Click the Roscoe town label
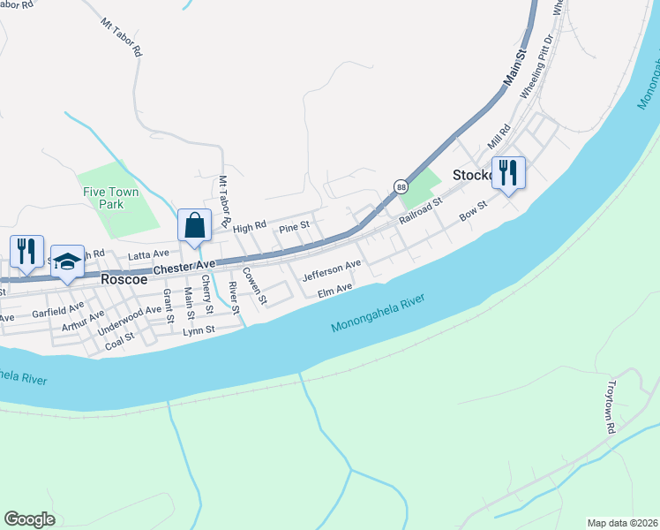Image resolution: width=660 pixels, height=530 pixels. [x=128, y=278]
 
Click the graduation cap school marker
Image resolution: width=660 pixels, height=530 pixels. [x=67, y=261]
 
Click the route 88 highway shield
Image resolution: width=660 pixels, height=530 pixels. [x=401, y=187]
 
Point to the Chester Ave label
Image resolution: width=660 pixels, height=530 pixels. [x=184, y=266]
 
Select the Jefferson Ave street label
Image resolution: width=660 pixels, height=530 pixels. [x=332, y=270]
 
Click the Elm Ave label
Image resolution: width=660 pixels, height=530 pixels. [x=334, y=289]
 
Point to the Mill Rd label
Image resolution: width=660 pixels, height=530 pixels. [x=499, y=137]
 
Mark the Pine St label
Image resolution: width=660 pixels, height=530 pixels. [x=294, y=227]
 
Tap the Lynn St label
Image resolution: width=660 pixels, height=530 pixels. [x=199, y=330]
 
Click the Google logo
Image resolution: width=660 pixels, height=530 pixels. [x=30, y=519]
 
